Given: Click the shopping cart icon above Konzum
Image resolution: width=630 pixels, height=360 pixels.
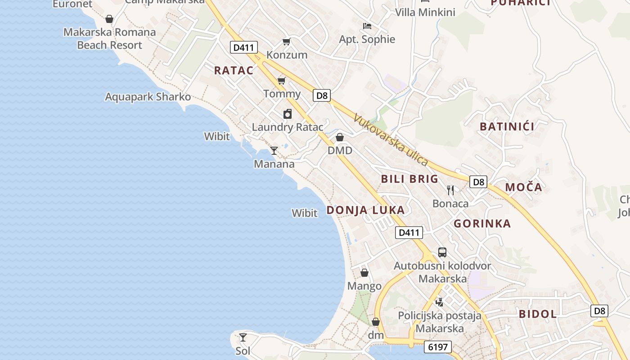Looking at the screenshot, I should click(x=286, y=42).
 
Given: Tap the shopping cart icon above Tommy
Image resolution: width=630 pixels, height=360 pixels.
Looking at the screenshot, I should click(x=282, y=81).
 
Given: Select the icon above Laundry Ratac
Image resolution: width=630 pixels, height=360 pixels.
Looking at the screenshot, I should click(x=288, y=114).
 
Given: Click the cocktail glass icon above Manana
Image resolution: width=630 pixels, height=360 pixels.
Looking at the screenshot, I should click(x=274, y=150).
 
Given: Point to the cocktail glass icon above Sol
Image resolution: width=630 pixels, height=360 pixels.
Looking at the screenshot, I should click(x=243, y=337).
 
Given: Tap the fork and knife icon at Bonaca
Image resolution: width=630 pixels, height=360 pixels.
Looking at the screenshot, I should click(x=450, y=190).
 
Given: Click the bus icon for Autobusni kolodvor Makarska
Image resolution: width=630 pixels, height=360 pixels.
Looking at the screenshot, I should click(x=442, y=252).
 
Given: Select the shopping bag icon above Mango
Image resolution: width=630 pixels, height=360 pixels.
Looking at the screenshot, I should click(x=364, y=273).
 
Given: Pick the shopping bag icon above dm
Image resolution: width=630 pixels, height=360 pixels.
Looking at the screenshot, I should click(x=376, y=322).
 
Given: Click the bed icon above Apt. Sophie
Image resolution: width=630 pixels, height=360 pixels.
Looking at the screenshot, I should click(x=367, y=26).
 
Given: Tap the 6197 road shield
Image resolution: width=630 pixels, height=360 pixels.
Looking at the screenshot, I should click(x=437, y=347).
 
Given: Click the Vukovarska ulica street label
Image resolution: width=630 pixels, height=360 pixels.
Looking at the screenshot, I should click(x=391, y=139).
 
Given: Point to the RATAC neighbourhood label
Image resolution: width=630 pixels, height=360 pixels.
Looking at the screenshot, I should click(x=234, y=70).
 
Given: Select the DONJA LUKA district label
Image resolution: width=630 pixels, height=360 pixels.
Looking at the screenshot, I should click(x=365, y=210).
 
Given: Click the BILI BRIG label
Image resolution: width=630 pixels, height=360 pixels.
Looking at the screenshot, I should click(x=409, y=179).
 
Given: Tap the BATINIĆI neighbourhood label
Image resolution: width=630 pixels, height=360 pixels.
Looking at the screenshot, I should click(x=507, y=126).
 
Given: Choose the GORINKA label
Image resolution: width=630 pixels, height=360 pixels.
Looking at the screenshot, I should click(x=482, y=224).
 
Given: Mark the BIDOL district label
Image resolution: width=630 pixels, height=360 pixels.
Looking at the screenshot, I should click(x=538, y=314).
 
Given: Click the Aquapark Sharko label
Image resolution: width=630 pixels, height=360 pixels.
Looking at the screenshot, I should click(x=148, y=97).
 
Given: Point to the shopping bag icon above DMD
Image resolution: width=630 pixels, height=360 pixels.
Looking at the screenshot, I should click(x=340, y=137).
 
